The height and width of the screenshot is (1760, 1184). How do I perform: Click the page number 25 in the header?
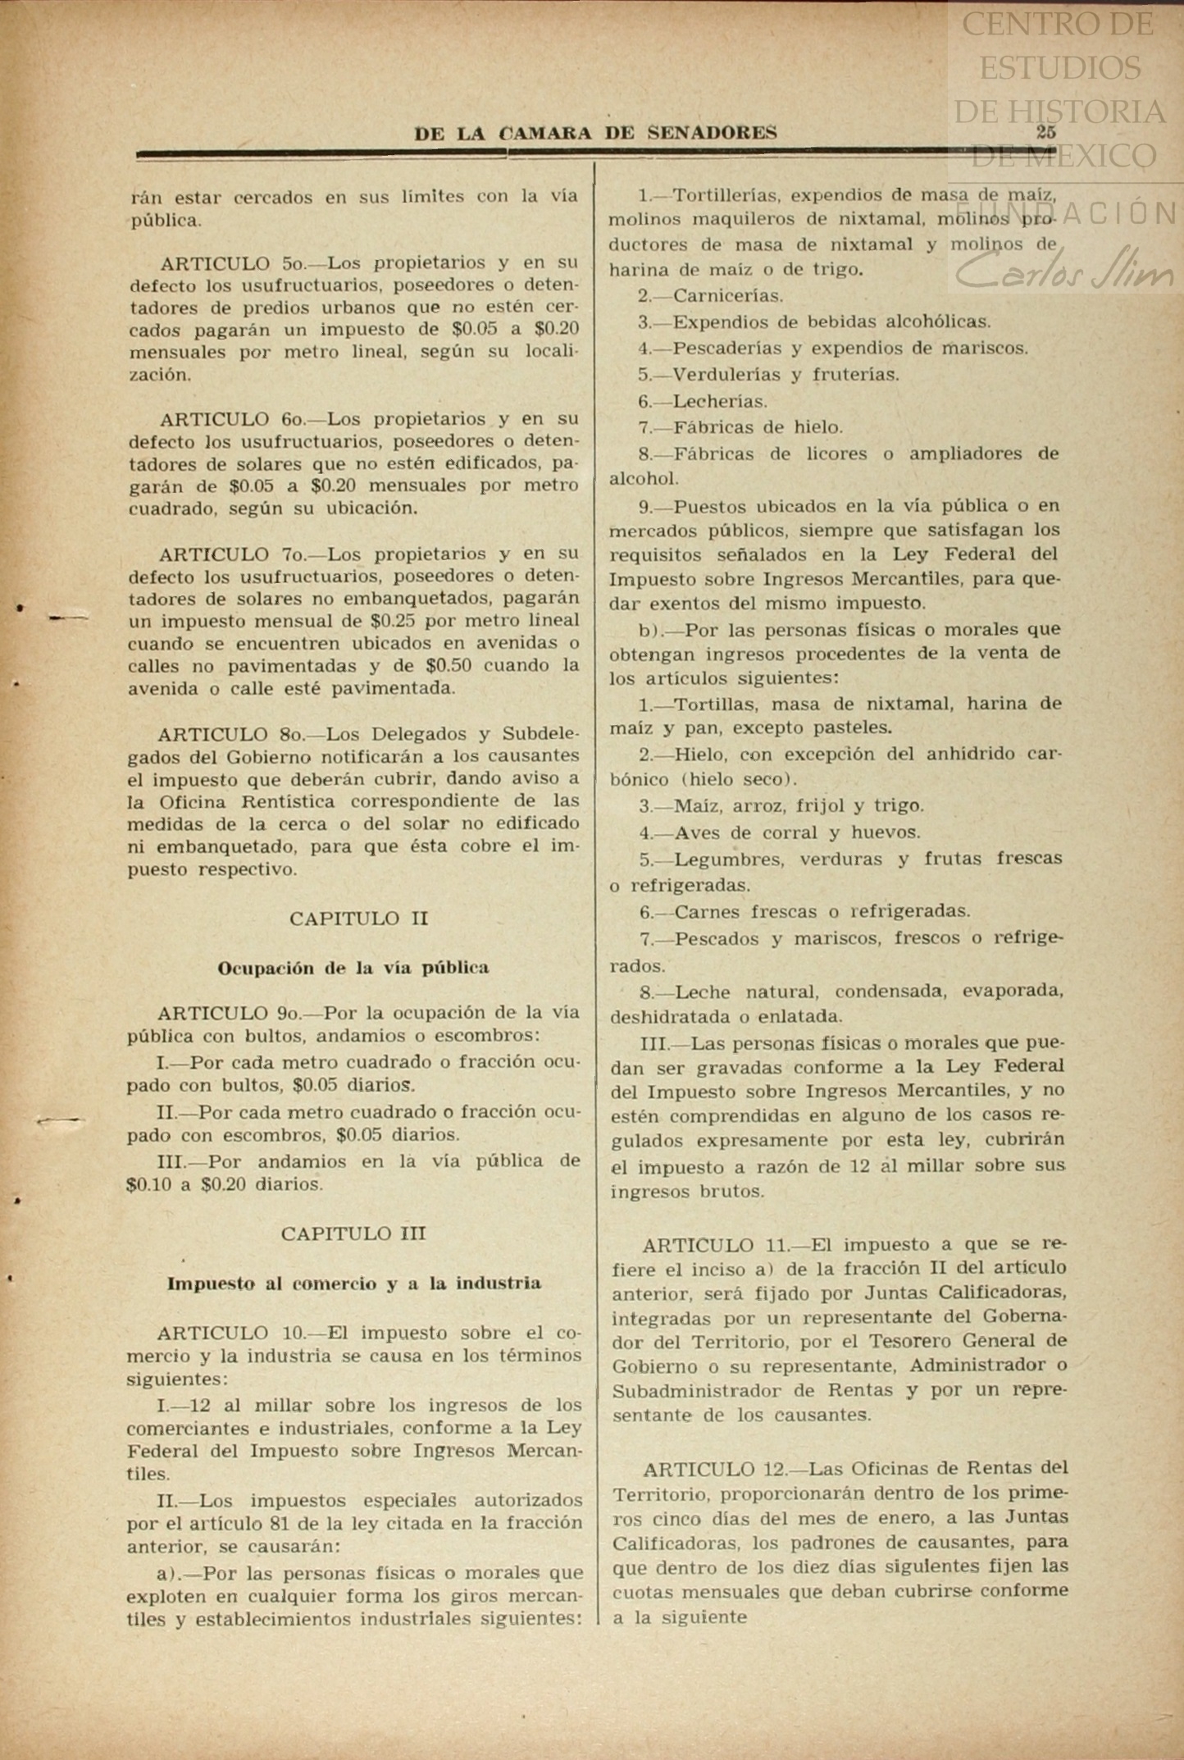(1045, 131)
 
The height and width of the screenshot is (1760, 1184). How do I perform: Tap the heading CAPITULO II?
(358, 919)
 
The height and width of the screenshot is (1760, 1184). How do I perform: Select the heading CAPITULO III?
(353, 1233)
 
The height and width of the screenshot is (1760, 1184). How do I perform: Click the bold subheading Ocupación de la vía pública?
(353, 968)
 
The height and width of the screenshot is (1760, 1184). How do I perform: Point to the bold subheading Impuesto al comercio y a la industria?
(353, 1283)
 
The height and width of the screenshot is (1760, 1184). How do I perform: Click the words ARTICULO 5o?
(232, 263)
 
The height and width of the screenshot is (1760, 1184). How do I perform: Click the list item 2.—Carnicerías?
(711, 295)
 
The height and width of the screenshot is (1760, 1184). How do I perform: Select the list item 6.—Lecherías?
(704, 401)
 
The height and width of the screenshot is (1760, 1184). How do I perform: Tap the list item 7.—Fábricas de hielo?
(740, 427)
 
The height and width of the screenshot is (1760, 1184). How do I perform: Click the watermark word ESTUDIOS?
(1059, 68)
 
